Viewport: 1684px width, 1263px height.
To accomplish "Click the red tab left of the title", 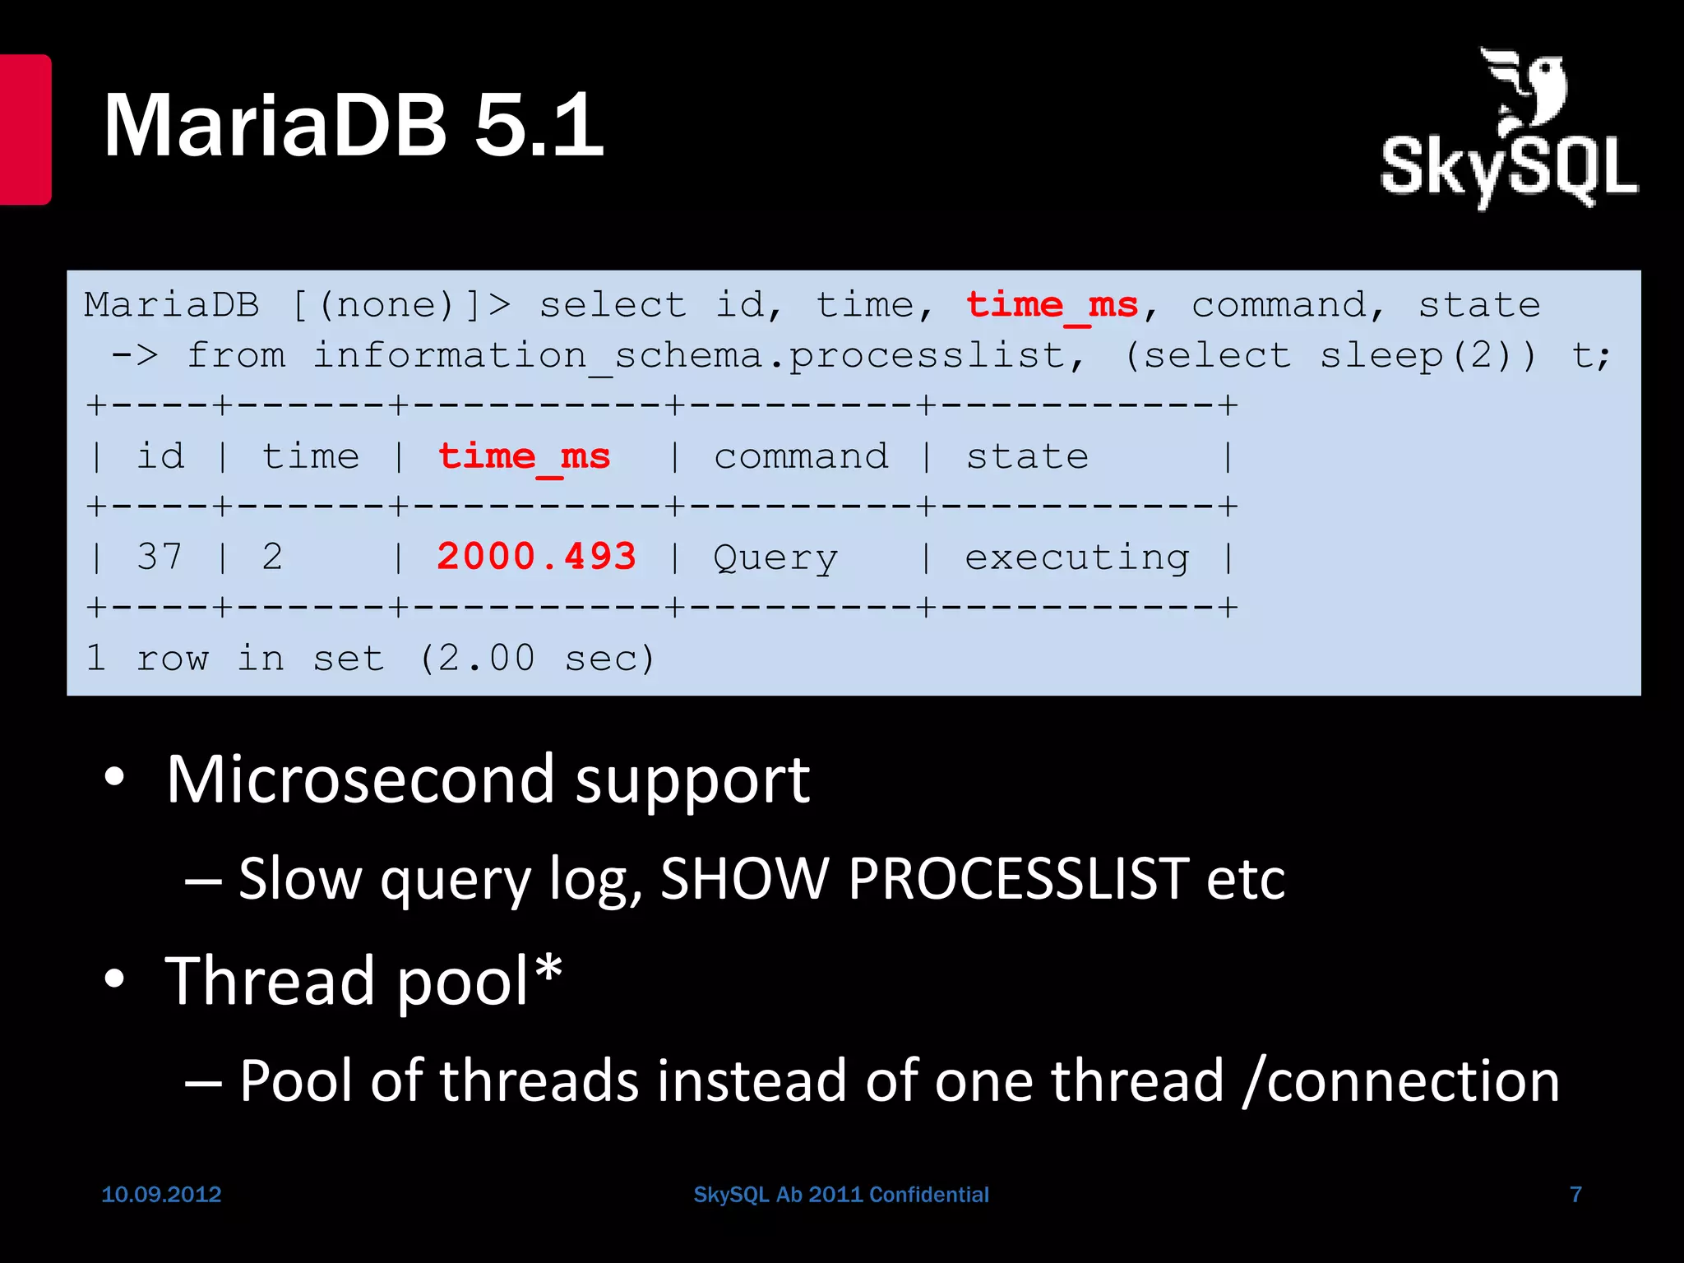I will (x=25, y=129).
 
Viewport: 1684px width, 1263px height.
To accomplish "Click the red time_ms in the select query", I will (x=1052, y=306).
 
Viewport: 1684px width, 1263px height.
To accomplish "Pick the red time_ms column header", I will (x=524, y=457).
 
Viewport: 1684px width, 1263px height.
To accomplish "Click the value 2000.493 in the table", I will (x=536, y=557).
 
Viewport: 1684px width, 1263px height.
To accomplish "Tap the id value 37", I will (x=160, y=557).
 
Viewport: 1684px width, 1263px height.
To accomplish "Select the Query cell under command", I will (x=775, y=558).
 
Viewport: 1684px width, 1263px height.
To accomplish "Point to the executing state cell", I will (x=1076, y=558).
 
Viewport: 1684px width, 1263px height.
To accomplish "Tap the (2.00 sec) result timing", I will (x=536, y=659).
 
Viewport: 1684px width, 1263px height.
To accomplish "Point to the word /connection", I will (x=1401, y=1080).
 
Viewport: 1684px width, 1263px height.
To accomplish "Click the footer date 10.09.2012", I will (x=161, y=1194).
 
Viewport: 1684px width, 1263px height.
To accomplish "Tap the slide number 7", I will (x=1575, y=1194).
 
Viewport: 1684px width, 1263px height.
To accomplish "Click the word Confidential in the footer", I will (x=929, y=1194).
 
